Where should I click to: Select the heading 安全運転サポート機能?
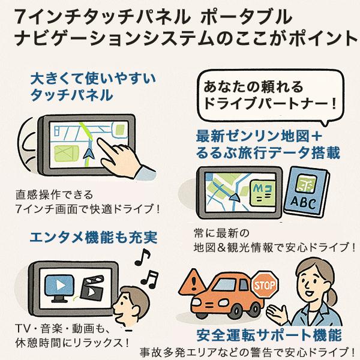[x=269, y=334]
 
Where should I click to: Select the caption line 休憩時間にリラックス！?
[x=71, y=343]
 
